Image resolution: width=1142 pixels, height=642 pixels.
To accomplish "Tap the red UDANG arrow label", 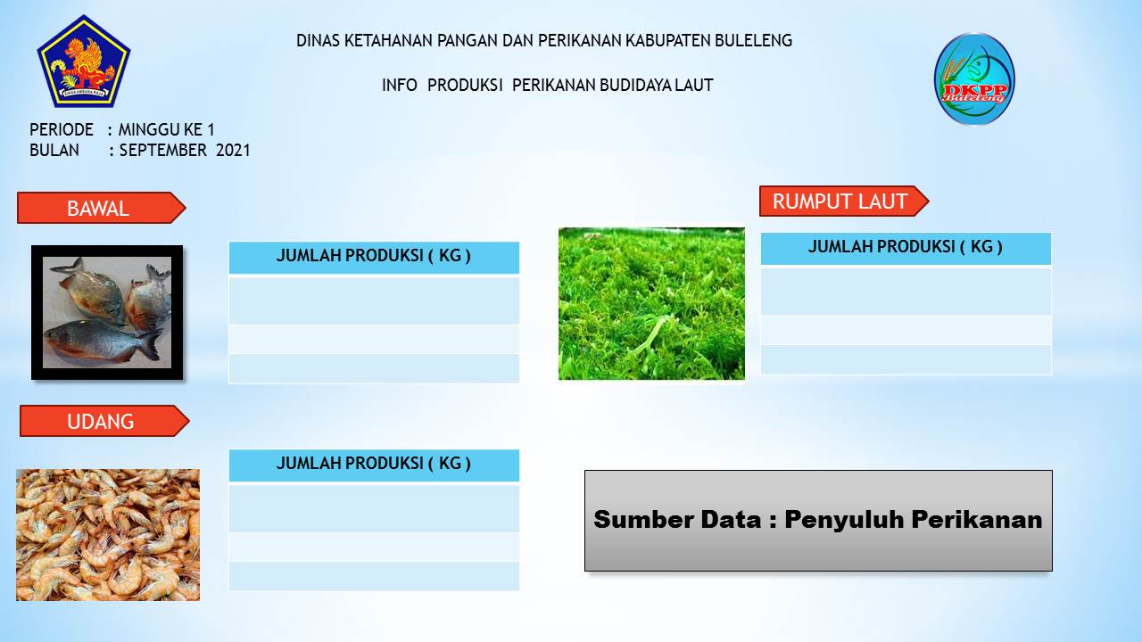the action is tap(104, 421).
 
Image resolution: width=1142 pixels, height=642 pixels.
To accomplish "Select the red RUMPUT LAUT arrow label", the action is tap(844, 202).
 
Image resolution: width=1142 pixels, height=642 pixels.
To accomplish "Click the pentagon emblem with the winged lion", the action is tap(84, 62).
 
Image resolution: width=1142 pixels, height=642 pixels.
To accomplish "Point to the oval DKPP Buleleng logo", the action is tap(974, 79).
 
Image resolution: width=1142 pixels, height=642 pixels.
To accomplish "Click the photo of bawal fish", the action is tap(107, 312).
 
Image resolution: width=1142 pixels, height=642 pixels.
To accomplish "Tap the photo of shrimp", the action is tap(108, 534).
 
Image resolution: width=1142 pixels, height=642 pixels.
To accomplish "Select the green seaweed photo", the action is tap(651, 303).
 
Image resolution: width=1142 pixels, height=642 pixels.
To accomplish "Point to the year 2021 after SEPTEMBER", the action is tap(233, 151).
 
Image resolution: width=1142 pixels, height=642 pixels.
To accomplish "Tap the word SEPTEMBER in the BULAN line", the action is tap(162, 151).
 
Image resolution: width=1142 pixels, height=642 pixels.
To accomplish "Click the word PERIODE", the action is tap(62, 130).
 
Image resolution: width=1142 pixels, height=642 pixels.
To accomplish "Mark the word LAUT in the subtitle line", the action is tap(694, 85).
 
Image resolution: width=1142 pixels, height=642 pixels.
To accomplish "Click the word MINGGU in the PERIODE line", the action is tap(149, 130).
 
